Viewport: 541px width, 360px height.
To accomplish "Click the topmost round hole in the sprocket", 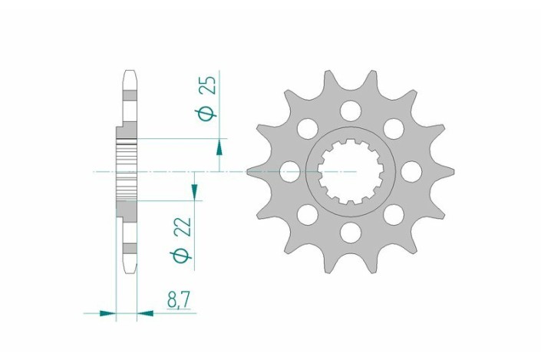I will click(x=351, y=111).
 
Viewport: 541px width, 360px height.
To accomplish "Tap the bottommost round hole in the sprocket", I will click(x=351, y=231).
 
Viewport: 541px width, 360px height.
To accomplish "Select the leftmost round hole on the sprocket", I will click(x=290, y=171).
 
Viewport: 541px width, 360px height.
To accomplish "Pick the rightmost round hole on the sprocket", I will click(x=411, y=171).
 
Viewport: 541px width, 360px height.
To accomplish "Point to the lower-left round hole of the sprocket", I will click(x=308, y=214).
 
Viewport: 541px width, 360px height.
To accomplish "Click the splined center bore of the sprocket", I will click(x=351, y=171).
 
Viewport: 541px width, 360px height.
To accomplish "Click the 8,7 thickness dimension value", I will click(x=178, y=301).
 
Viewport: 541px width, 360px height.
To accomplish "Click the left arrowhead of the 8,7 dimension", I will click(x=108, y=313).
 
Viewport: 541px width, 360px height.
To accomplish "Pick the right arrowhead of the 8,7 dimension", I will click(x=144, y=313).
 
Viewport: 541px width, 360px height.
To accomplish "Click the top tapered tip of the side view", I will click(x=129, y=77).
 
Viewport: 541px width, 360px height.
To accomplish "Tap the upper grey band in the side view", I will click(x=129, y=94).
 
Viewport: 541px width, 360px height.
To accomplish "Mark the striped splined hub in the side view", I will click(x=127, y=170).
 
